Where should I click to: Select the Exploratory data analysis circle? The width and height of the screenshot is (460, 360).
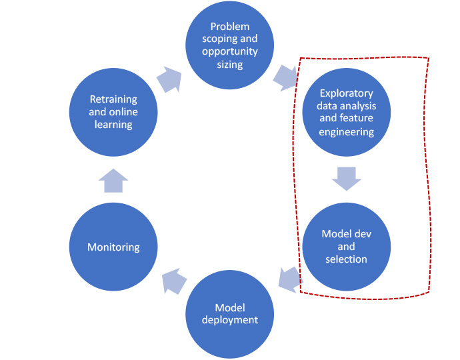[x=346, y=113]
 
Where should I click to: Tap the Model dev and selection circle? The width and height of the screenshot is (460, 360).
[x=346, y=245]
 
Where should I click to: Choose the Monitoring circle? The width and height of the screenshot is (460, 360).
[x=113, y=247]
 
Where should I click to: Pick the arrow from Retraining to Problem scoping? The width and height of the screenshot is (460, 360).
[x=170, y=80]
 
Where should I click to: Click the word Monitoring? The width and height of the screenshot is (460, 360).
[x=113, y=247]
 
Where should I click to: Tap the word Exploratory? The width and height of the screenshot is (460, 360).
[x=347, y=93]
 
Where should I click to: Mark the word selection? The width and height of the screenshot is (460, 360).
[x=346, y=259]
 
